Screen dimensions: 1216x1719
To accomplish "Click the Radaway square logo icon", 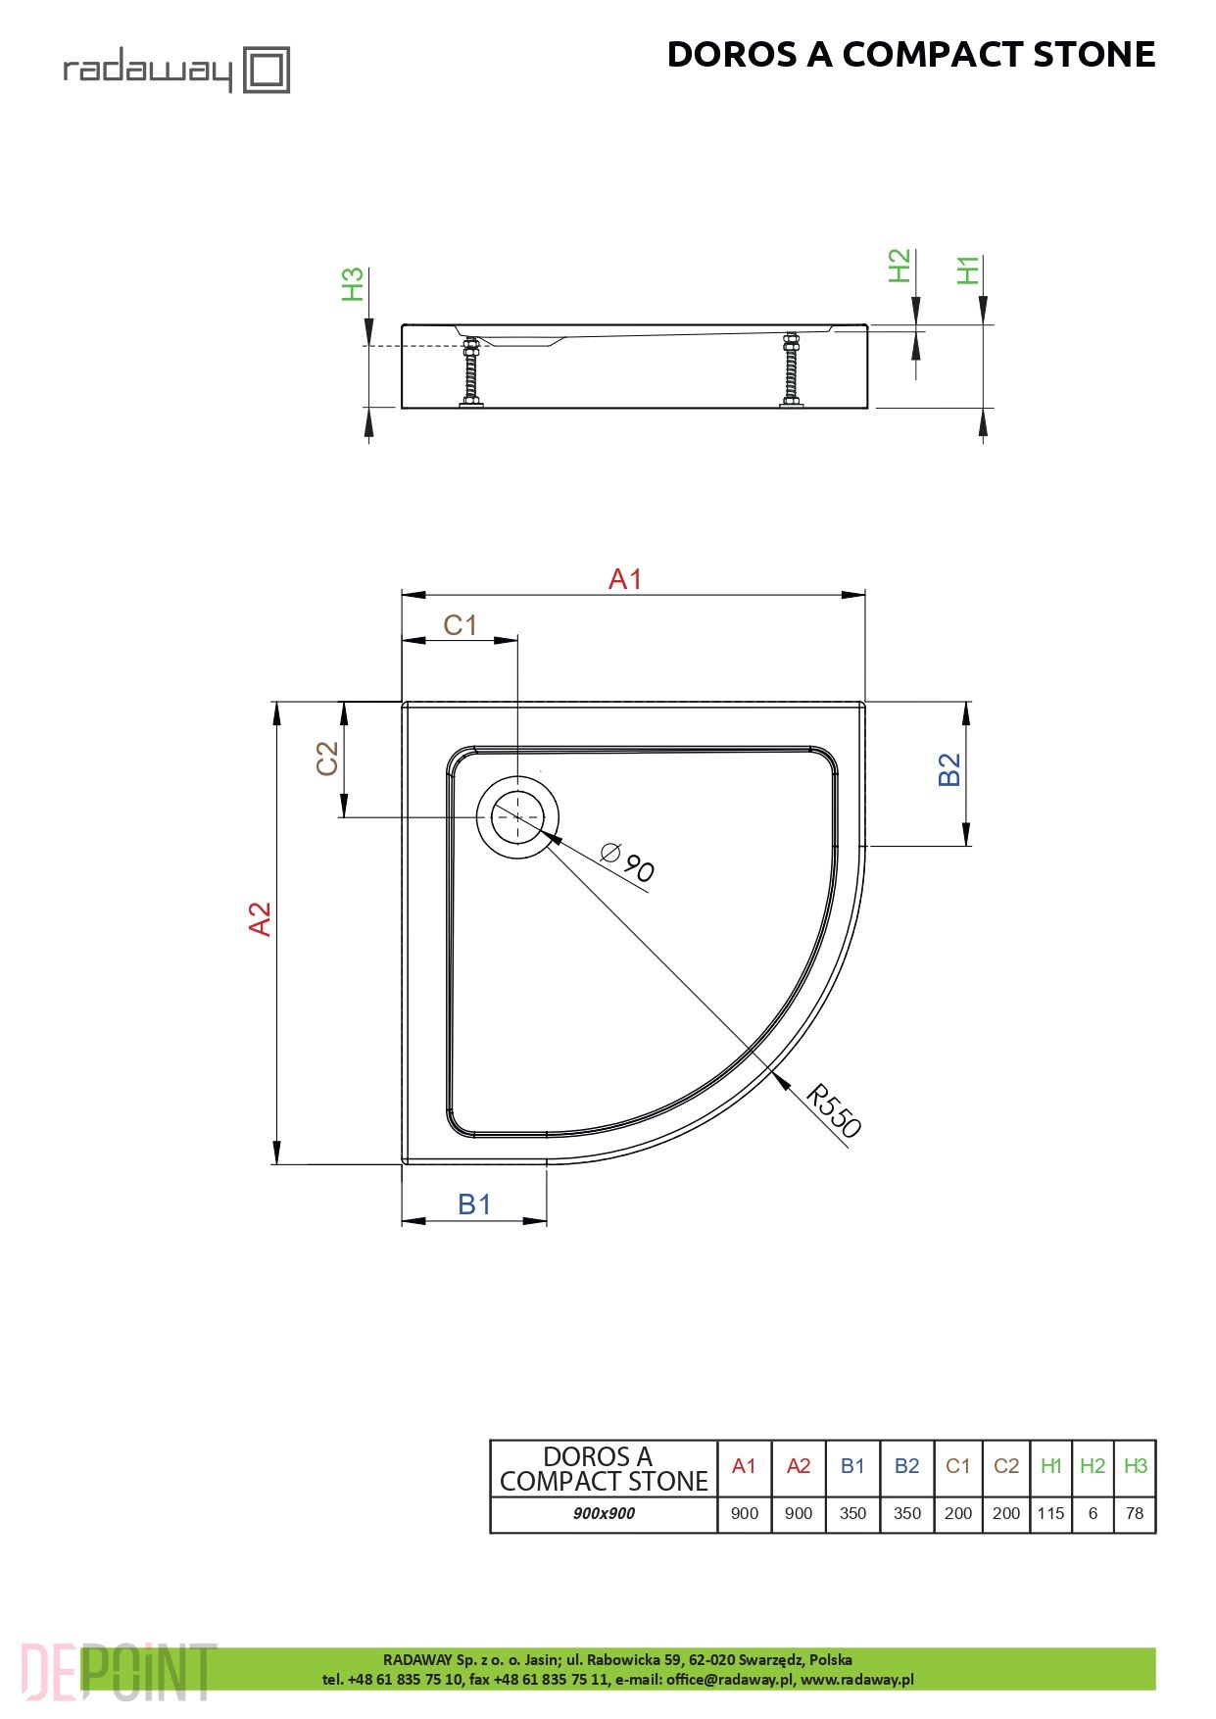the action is click(x=267, y=70).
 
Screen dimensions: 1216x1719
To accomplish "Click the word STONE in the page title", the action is click(x=1094, y=55).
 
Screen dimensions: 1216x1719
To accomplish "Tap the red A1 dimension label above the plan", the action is click(x=625, y=579).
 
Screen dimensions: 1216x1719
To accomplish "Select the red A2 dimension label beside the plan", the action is click(x=260, y=919).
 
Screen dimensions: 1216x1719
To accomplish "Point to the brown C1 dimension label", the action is click(x=460, y=624).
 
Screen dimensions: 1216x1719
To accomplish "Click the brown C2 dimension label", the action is click(x=327, y=758).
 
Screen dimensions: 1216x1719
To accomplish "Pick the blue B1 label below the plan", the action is click(x=474, y=1204).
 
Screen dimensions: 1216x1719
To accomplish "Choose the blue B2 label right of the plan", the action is click(x=948, y=769).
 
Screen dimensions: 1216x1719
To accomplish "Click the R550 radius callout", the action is click(x=834, y=1111).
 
